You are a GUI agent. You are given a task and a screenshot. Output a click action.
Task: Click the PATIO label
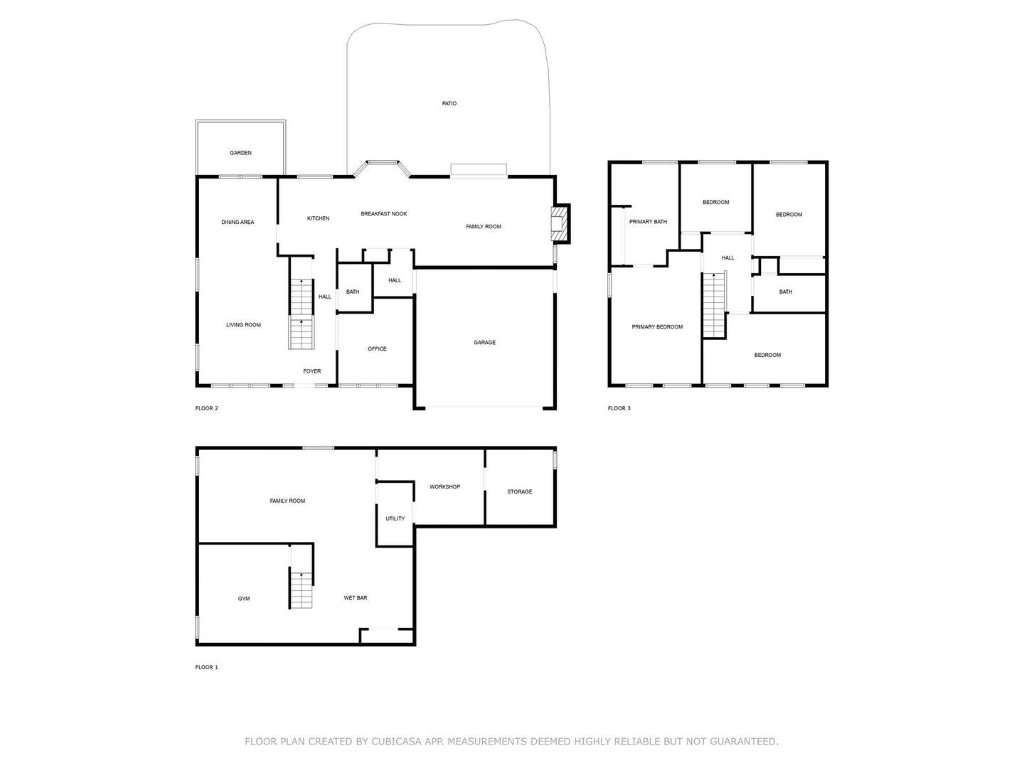click(x=449, y=104)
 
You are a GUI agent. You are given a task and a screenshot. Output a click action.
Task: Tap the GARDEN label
click(x=240, y=153)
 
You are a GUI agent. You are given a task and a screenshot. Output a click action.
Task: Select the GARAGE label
click(x=484, y=343)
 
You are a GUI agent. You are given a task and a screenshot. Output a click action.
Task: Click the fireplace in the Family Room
click(x=561, y=224)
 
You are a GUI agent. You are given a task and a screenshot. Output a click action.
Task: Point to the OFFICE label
click(x=377, y=349)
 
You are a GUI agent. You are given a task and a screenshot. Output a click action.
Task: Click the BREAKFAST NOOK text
click(x=383, y=214)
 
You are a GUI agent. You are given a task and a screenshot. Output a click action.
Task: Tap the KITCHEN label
click(x=318, y=218)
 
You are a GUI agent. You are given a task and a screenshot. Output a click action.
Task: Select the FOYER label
click(x=311, y=371)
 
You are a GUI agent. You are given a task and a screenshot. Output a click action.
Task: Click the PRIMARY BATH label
click(x=648, y=222)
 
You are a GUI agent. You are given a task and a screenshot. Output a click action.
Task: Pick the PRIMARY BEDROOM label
click(x=657, y=327)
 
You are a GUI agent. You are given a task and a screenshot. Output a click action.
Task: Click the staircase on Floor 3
click(x=713, y=306)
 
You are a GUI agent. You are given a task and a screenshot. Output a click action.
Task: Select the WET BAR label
click(x=356, y=598)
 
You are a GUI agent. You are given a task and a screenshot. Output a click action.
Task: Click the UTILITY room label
click(x=395, y=518)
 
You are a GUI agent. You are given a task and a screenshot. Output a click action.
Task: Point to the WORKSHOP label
click(x=444, y=487)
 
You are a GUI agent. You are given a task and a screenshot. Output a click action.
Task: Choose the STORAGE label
click(x=519, y=492)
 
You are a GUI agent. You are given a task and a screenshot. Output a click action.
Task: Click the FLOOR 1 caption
click(x=207, y=668)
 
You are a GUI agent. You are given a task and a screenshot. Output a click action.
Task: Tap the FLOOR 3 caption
click(x=619, y=408)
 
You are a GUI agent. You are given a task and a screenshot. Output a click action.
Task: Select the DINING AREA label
click(x=238, y=223)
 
